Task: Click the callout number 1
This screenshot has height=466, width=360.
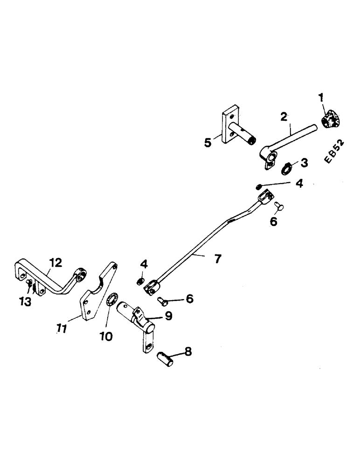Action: click(321, 98)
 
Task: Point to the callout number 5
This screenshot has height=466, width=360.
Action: click(208, 143)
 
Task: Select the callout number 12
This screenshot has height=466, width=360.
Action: click(55, 263)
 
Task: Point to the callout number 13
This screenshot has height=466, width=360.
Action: click(25, 302)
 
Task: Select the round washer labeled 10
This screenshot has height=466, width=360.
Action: click(112, 301)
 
